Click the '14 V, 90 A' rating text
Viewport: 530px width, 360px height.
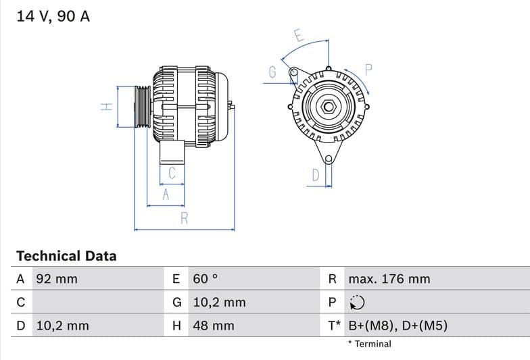pyautogui.click(x=53, y=16)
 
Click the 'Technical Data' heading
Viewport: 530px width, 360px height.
pyautogui.click(x=66, y=256)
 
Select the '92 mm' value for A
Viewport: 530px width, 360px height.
pyautogui.click(x=57, y=279)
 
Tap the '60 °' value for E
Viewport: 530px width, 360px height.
pyautogui.click(x=206, y=279)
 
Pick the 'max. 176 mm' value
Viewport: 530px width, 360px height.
pyautogui.click(x=389, y=279)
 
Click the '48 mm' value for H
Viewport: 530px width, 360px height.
pyautogui.click(x=213, y=326)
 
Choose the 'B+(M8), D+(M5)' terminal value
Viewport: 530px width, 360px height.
pyautogui.click(x=397, y=326)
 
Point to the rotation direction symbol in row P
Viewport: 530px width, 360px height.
pyautogui.click(x=357, y=303)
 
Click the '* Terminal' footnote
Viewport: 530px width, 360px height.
pyautogui.click(x=369, y=344)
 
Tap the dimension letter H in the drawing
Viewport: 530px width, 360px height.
pyautogui.click(x=106, y=107)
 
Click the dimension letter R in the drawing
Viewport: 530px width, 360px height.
pyautogui.click(x=184, y=218)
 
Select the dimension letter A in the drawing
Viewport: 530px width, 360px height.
pyautogui.click(x=165, y=195)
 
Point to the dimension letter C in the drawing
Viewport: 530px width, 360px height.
pyautogui.click(x=172, y=173)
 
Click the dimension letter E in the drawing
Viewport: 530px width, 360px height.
pyautogui.click(x=298, y=34)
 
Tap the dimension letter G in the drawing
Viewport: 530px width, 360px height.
pyautogui.click(x=272, y=72)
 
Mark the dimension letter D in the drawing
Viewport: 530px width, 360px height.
pyautogui.click(x=315, y=176)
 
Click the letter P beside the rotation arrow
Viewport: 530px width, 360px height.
pyautogui.click(x=368, y=69)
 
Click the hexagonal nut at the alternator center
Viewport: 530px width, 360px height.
pyautogui.click(x=328, y=107)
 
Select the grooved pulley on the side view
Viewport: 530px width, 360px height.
pyautogui.click(x=142, y=107)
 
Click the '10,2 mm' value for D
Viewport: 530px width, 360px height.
pyautogui.click(x=62, y=326)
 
